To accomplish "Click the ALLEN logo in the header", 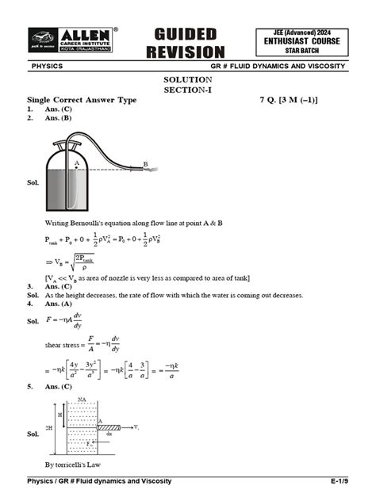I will (x=72, y=40).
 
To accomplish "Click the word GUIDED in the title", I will (x=185, y=34).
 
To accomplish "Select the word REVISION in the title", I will (x=185, y=52).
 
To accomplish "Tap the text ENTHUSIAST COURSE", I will (x=301, y=40).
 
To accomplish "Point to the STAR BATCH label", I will (x=301, y=50).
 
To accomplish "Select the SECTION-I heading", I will (x=187, y=90).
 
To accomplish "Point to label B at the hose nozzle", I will (x=145, y=164).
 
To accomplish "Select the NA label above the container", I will (x=82, y=399).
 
